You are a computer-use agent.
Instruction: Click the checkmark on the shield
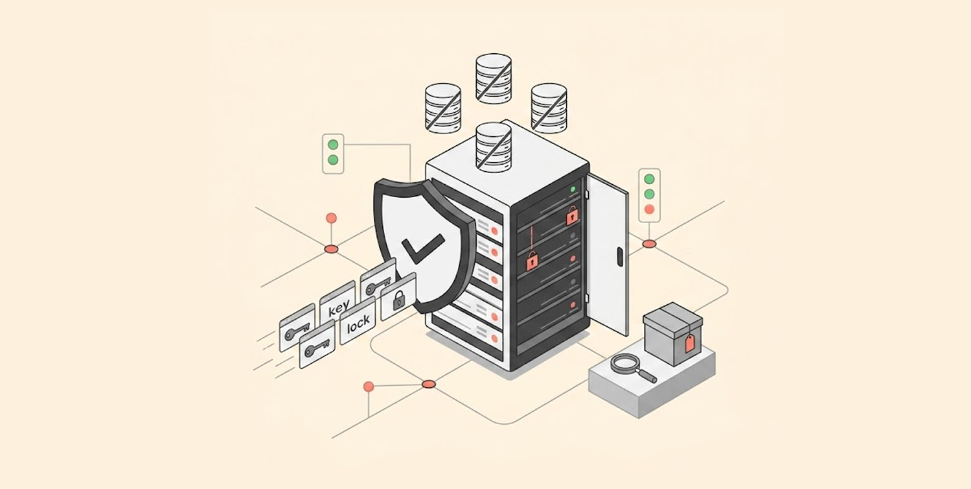pos(421,248)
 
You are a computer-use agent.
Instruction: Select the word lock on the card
pos(358,324)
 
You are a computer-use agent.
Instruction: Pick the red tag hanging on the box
pos(689,343)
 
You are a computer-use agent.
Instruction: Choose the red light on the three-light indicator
pos(649,209)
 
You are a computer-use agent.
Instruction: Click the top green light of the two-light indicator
pos(333,145)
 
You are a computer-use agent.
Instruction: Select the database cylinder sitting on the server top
pos(494,147)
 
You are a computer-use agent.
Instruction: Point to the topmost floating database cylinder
pos(494,78)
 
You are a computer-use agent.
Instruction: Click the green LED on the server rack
pos(573,189)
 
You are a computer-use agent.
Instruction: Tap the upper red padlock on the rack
pos(572,216)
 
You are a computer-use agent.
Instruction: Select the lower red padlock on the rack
pos(532,261)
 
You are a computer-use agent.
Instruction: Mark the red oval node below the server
pos(428,384)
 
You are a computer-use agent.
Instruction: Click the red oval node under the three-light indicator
pos(649,244)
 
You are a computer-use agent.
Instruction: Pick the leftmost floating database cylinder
pos(442,108)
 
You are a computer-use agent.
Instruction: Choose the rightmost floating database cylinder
pos(549,108)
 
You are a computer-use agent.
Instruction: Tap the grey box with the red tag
pos(672,333)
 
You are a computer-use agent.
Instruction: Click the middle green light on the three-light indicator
pos(649,194)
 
